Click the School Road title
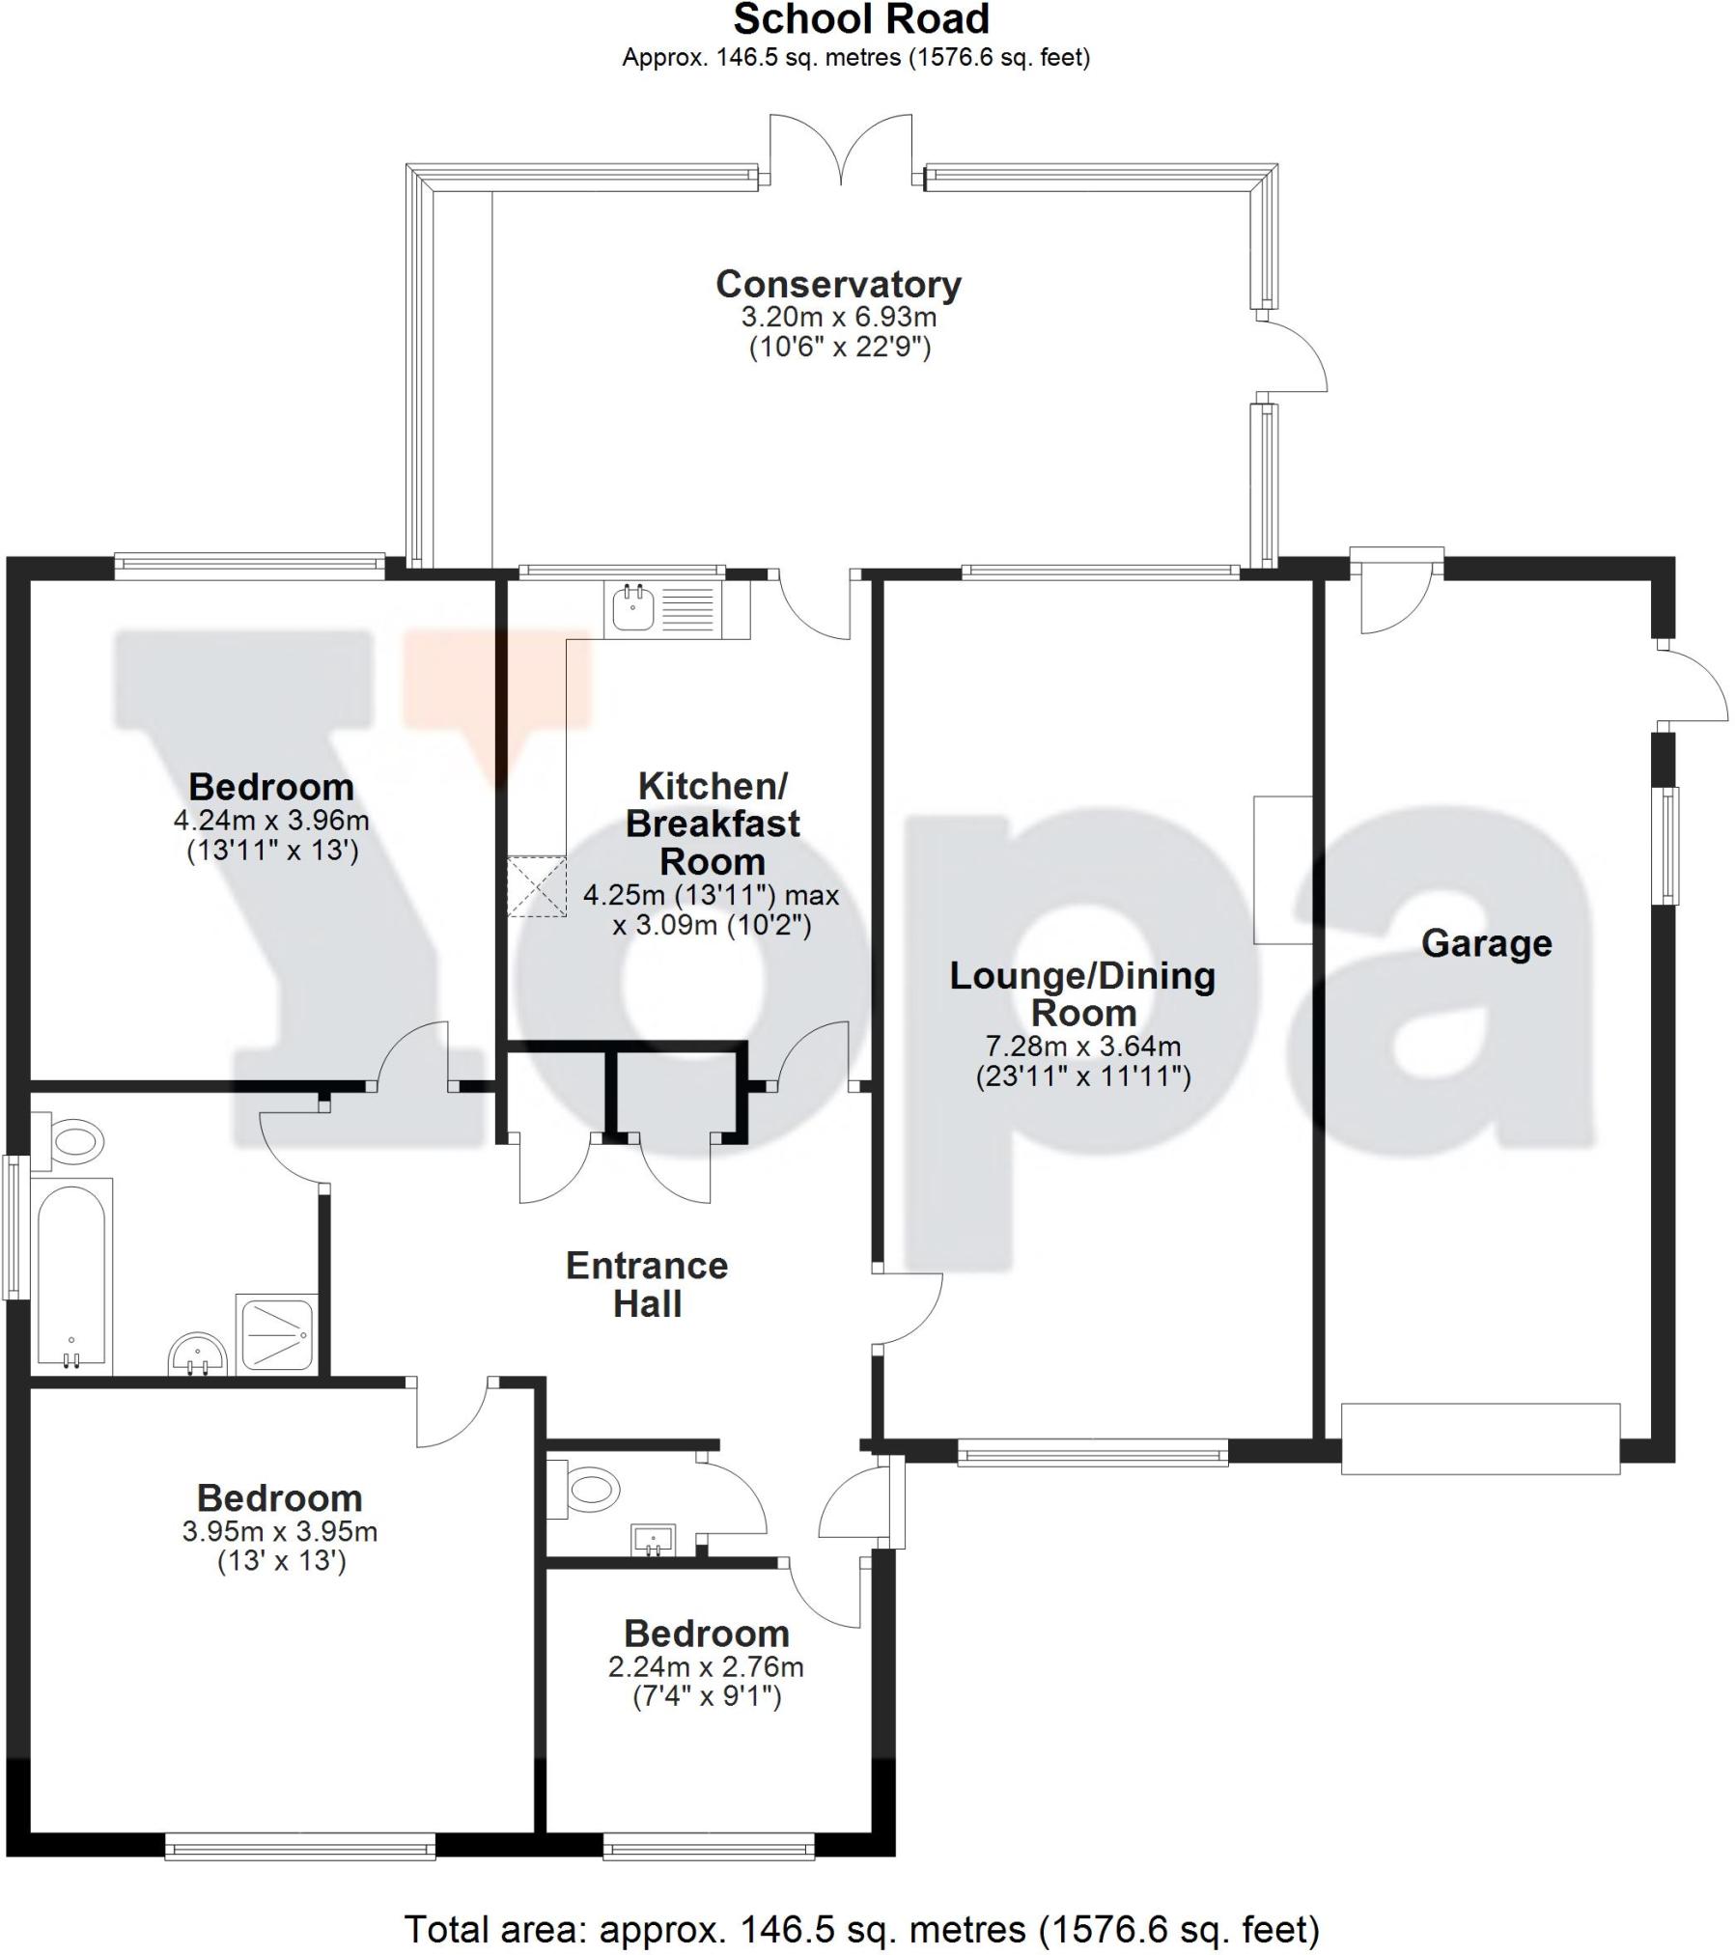[861, 19]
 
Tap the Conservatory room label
[838, 284]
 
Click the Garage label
[1486, 943]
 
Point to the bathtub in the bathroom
[72, 1275]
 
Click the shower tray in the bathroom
[276, 1333]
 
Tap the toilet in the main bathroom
[68, 1141]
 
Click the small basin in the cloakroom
[654, 1540]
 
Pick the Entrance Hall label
[647, 1284]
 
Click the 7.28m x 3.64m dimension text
[1082, 1046]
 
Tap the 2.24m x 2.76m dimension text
[706, 1693]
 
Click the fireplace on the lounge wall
[1282, 869]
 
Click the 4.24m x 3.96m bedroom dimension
[271, 821]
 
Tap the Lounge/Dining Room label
[1082, 994]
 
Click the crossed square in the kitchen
[537, 885]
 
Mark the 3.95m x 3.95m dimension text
[280, 1531]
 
